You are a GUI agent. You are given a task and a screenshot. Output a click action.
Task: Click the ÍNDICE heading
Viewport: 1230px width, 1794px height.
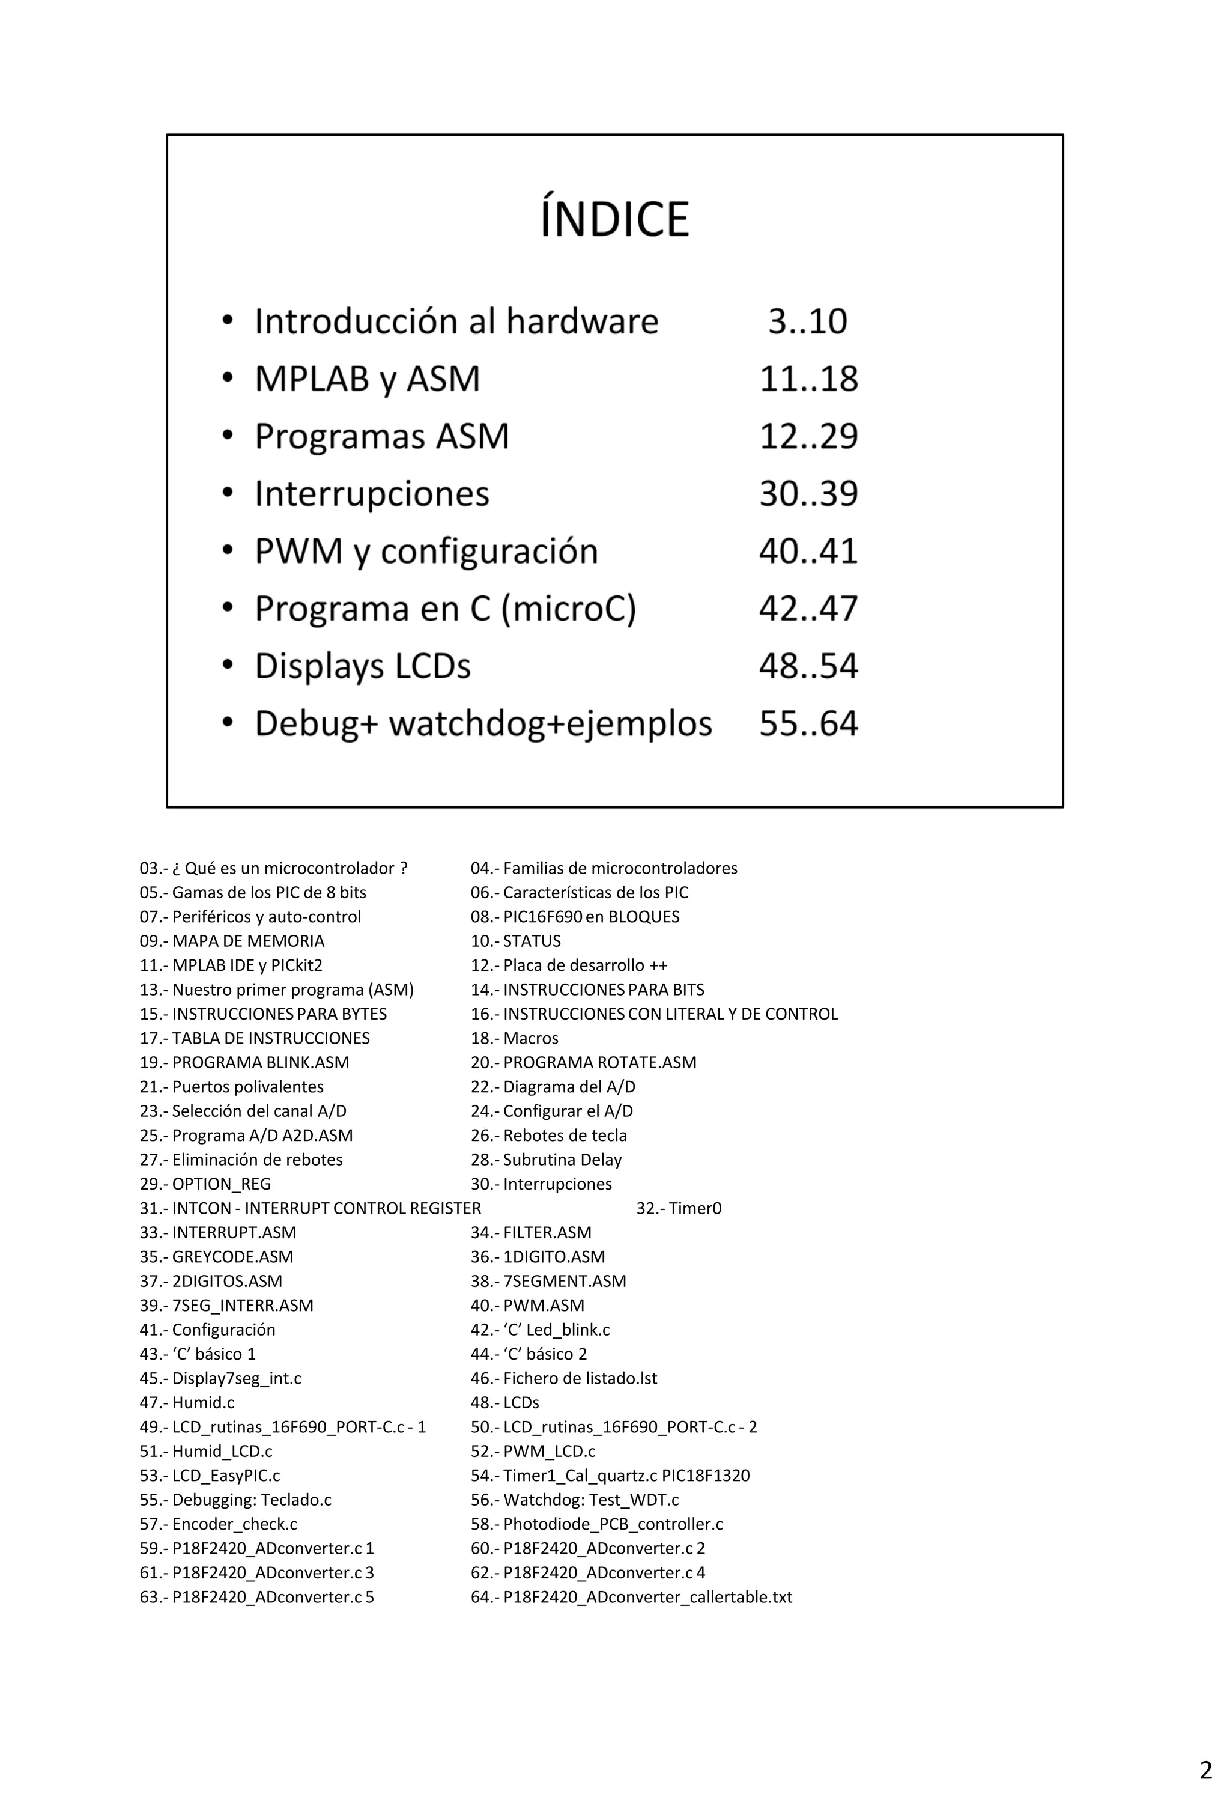pos(614,219)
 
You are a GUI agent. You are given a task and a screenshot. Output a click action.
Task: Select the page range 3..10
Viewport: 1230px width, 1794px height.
pos(807,321)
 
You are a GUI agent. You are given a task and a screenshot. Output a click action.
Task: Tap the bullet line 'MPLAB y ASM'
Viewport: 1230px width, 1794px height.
pos(368,379)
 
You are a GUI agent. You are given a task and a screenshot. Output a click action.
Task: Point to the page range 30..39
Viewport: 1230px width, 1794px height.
pos(808,493)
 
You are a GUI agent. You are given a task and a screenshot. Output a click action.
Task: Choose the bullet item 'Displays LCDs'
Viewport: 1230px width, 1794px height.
pos(363,666)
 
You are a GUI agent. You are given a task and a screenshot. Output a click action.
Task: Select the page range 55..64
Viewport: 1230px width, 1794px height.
pos(808,723)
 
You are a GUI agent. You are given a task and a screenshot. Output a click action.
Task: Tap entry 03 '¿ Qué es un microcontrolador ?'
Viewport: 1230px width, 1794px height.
pos(274,868)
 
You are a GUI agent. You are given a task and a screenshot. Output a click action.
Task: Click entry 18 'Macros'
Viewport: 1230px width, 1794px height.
pos(515,1038)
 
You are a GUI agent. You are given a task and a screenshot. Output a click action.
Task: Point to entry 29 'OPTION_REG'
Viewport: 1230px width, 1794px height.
pos(205,1184)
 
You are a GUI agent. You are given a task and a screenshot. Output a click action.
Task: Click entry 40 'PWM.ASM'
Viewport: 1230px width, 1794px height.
pos(528,1306)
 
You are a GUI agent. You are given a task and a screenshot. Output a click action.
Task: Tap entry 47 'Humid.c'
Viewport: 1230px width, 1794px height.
pos(187,1403)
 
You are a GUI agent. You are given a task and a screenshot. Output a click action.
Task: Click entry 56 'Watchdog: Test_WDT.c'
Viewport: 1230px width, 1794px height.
pos(575,1500)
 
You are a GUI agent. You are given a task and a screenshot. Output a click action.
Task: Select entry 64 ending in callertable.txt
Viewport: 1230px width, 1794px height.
pos(631,1597)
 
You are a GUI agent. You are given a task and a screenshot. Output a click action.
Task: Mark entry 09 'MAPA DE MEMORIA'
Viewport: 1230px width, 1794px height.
pos(232,941)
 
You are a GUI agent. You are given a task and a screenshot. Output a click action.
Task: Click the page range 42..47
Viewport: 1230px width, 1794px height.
pos(808,608)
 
